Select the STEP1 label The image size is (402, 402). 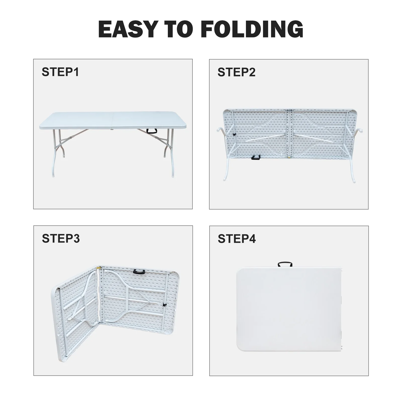[60, 72]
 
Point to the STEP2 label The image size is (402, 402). [236, 72]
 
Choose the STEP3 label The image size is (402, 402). [61, 238]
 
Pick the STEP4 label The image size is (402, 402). [237, 239]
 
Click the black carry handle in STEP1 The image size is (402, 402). [152, 131]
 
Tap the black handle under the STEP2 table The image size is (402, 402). [255, 158]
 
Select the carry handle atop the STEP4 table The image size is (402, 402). [285, 264]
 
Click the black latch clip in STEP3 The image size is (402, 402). [165, 305]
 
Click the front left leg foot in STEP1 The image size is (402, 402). [53, 176]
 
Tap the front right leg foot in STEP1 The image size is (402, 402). [173, 176]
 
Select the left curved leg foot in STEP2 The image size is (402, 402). [224, 179]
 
